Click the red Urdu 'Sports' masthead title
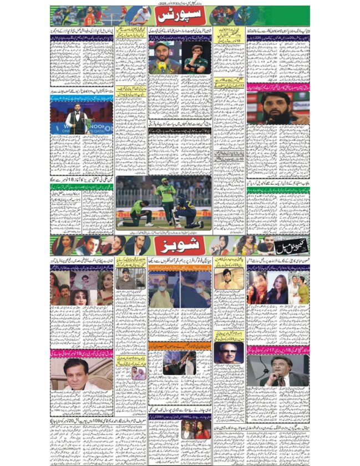[179, 15]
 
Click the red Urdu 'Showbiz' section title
[179, 245]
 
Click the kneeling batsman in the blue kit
[188, 214]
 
